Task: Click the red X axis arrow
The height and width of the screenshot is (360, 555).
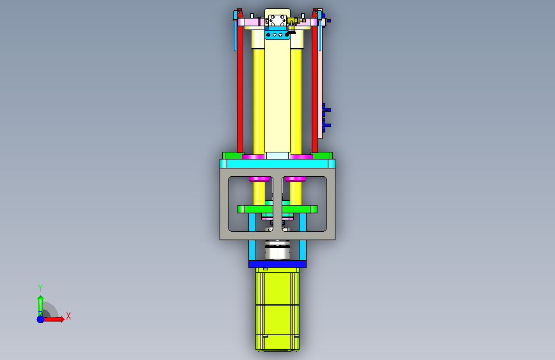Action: (x=53, y=319)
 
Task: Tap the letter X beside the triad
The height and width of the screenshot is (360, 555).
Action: (x=68, y=316)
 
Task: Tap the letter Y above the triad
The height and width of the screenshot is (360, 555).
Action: (x=40, y=288)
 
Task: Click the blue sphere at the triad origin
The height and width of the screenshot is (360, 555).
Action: (x=41, y=319)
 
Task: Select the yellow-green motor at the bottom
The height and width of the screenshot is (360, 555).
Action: (x=277, y=309)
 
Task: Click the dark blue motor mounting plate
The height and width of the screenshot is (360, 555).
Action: (x=277, y=264)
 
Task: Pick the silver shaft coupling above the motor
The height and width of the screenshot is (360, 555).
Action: (x=278, y=250)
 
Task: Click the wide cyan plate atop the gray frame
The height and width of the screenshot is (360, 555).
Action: (x=277, y=164)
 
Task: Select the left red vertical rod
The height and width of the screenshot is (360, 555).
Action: (x=240, y=81)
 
